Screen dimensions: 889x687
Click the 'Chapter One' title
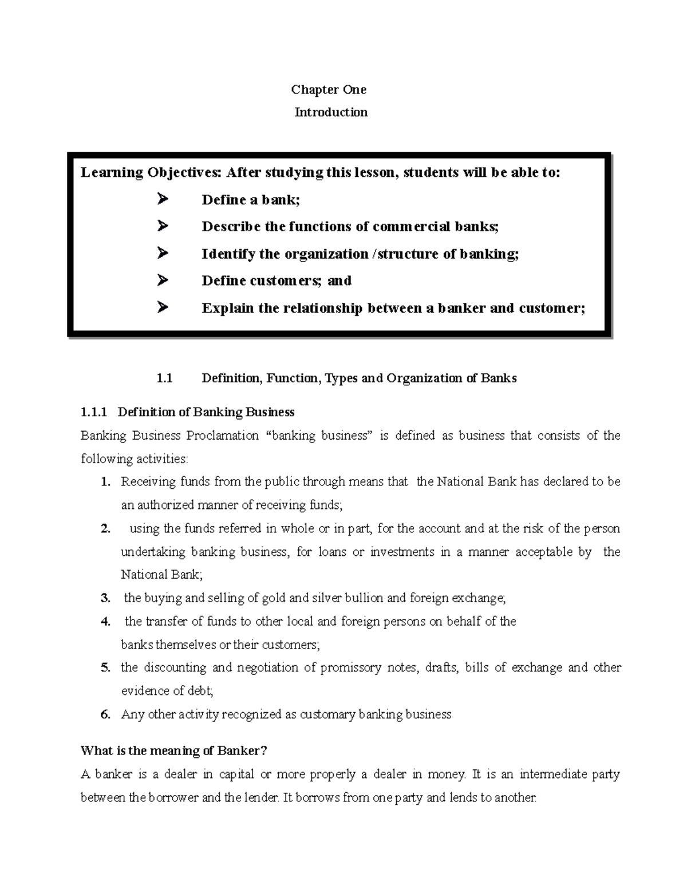coord(329,89)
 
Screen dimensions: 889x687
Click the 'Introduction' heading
coord(331,112)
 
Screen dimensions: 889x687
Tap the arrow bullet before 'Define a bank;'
coord(162,199)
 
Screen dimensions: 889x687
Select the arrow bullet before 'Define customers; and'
coord(162,280)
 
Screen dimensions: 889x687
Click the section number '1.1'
coord(164,378)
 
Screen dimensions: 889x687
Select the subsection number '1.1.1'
coord(95,412)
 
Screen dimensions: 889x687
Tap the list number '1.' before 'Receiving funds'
coord(105,482)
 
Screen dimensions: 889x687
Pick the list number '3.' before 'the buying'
coord(105,598)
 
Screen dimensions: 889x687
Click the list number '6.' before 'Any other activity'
coord(105,714)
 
